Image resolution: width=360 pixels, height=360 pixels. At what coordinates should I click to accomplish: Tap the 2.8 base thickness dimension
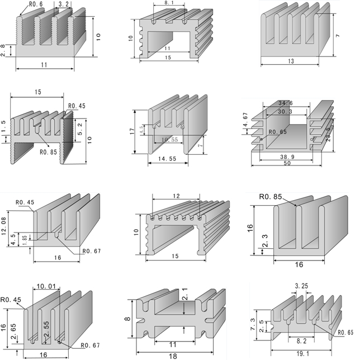pyautogui.click(x=4, y=51)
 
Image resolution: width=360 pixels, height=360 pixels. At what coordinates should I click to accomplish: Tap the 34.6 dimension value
pyautogui.click(x=285, y=103)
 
